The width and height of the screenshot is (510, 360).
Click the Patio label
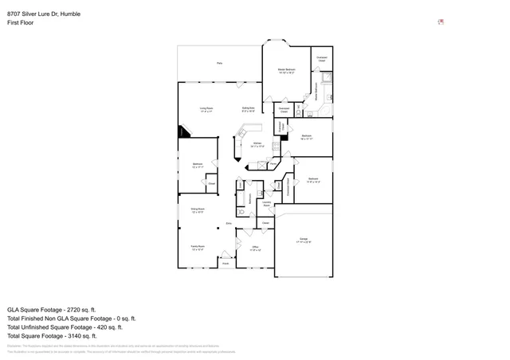(219, 63)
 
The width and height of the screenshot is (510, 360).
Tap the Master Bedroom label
(287, 72)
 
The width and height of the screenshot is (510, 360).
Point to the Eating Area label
(249, 109)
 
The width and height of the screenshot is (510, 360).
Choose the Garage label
(304, 240)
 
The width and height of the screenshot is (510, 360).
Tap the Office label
(256, 248)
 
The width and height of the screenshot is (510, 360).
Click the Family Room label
(198, 248)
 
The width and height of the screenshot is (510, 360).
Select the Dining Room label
(198, 211)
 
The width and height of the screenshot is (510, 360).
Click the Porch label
(225, 264)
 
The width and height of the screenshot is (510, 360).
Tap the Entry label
(229, 225)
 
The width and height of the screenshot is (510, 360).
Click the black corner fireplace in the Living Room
(182, 131)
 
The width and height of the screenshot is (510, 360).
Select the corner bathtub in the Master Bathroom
(326, 78)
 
